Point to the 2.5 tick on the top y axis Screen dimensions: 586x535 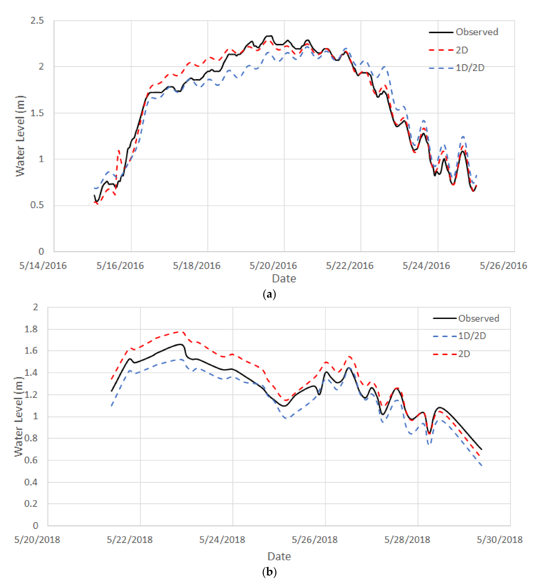[37, 21]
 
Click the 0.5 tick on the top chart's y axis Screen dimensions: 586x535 [37, 205]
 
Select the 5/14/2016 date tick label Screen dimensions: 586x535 [43, 265]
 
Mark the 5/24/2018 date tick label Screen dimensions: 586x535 [222, 540]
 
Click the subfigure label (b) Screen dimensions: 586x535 [269, 572]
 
